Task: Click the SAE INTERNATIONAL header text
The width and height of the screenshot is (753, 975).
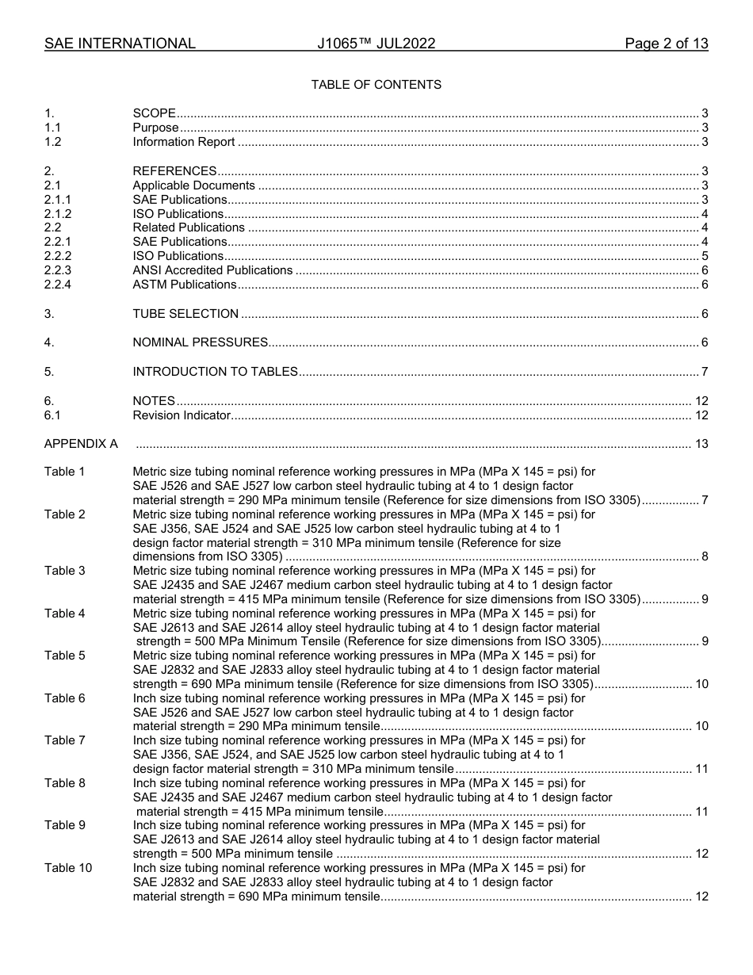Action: [120, 44]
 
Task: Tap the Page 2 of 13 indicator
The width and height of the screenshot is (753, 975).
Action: [666, 44]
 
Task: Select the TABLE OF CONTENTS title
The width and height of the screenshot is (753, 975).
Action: [376, 85]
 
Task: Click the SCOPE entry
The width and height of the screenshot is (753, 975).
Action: [154, 113]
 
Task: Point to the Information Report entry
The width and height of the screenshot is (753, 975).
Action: [184, 142]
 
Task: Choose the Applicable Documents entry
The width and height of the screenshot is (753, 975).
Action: [193, 185]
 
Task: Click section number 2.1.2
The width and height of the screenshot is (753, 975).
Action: [58, 214]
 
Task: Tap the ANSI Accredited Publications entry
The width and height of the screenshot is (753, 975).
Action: [212, 270]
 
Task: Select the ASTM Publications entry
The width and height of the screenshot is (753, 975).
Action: [184, 285]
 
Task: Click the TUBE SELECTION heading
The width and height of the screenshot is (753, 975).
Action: [185, 314]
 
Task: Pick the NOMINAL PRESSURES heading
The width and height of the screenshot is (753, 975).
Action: [200, 342]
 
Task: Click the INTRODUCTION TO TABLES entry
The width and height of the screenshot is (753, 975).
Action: [215, 372]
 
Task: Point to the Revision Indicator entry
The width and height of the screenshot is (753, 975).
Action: [182, 415]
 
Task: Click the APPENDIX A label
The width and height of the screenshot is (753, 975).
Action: [81, 444]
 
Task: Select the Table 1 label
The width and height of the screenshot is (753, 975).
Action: [64, 472]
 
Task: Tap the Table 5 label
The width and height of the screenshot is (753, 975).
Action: [64, 656]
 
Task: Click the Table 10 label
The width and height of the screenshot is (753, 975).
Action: [67, 868]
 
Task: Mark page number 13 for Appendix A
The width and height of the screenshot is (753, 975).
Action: [701, 444]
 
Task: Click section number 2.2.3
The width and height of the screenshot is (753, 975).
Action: [58, 270]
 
